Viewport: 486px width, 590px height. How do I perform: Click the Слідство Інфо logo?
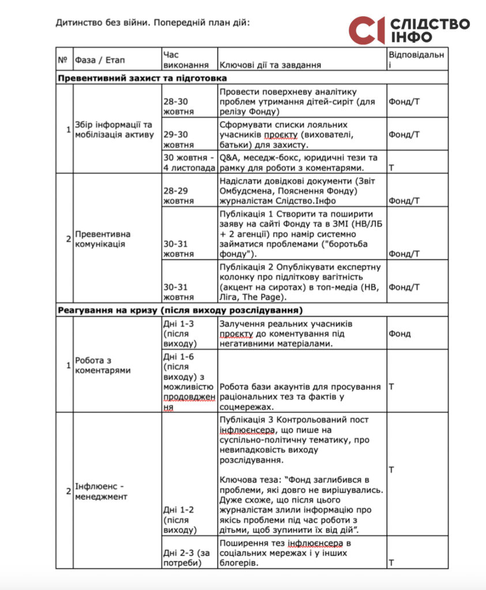point(409,31)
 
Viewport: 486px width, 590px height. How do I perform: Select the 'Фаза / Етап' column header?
point(100,60)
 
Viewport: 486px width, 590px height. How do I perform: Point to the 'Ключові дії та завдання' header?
point(270,65)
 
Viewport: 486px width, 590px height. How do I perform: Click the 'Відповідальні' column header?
point(416,59)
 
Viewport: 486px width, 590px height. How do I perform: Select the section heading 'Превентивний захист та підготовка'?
point(142,78)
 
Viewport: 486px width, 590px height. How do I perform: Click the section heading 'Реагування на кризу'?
point(179,310)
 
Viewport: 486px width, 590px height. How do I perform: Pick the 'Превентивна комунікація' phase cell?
point(103,239)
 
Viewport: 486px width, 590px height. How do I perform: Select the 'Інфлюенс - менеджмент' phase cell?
point(101,491)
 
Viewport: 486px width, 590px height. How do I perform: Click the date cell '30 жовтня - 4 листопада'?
point(189,163)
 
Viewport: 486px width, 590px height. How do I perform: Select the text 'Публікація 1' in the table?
point(245,214)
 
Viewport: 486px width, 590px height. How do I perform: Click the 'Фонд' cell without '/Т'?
point(399,333)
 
